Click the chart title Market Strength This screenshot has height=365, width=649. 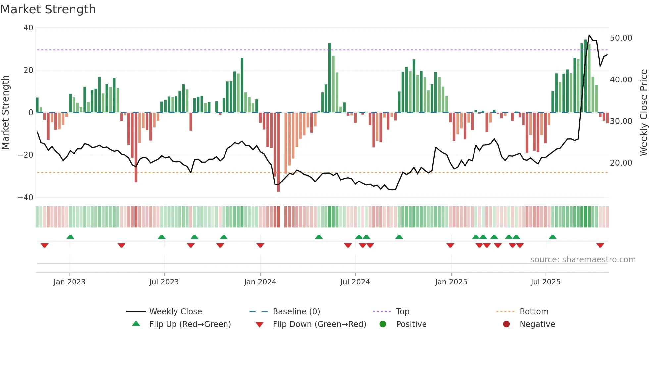click(48, 9)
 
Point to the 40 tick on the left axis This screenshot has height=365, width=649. click(28, 28)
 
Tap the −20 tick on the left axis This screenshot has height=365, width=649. click(26, 155)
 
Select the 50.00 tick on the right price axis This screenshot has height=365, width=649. click(621, 38)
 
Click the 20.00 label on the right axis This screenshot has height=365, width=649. click(621, 163)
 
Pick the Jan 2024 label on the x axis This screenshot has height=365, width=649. click(260, 282)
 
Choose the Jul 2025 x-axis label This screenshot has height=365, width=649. click(545, 282)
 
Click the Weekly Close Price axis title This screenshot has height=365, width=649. click(643, 113)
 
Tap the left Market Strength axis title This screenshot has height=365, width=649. click(6, 113)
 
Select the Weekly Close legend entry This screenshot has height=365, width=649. click(175, 312)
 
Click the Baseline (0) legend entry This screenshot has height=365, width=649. click(296, 312)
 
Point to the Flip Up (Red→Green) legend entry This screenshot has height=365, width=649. click(190, 324)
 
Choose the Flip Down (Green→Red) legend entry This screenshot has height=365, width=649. click(319, 324)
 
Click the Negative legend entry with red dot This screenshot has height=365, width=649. click(537, 324)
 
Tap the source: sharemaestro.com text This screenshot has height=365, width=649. click(583, 260)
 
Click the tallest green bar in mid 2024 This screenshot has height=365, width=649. click(330, 78)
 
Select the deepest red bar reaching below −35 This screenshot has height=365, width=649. click(278, 152)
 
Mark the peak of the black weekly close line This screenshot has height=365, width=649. click(589, 35)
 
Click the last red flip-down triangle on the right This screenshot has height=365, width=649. click(600, 245)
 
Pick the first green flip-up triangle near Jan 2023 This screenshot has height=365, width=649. click(70, 237)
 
